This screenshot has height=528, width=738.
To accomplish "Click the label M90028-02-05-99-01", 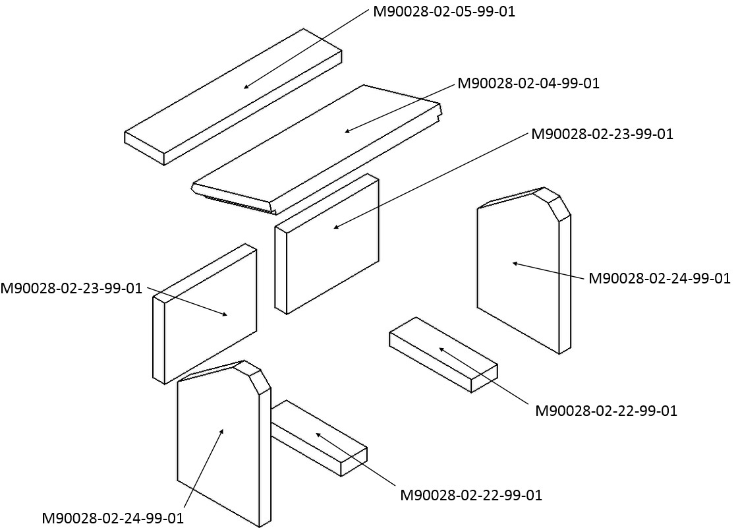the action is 444,11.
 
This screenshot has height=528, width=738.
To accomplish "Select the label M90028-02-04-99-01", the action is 528,83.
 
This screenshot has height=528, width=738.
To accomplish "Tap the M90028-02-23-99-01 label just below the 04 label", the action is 602,134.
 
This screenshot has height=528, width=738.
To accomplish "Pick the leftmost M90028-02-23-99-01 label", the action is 71,288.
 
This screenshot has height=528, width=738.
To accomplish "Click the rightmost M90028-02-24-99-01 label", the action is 660,278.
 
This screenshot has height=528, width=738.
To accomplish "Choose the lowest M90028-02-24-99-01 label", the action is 113,519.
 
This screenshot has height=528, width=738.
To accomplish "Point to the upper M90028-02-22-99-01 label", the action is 606,411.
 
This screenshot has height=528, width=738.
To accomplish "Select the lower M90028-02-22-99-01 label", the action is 471,496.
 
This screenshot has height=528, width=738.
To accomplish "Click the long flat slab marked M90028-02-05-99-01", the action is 233,96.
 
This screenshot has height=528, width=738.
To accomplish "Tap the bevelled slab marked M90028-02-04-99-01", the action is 316,148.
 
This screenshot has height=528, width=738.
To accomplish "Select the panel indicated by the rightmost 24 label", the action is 524,270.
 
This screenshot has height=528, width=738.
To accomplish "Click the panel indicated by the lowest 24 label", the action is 224,444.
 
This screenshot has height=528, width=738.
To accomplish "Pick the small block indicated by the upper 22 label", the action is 443,355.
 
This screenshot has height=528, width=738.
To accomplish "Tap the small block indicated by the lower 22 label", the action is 319,438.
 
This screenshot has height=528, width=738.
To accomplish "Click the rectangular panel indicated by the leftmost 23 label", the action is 205,314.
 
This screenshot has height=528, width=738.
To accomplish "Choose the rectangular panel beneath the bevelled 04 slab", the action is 327,244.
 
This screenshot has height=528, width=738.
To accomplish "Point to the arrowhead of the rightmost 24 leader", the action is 515,263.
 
